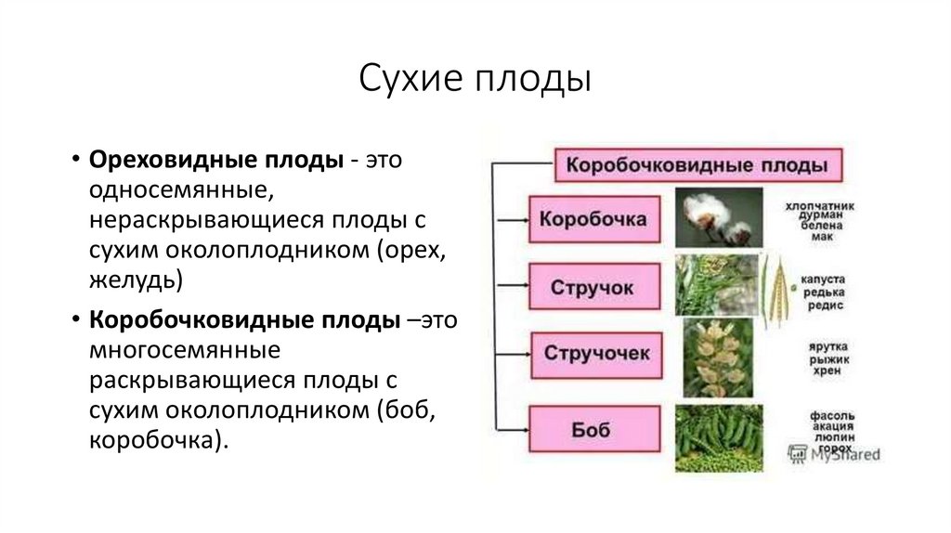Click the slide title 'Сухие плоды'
pos(475,80)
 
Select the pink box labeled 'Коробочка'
pos(594,220)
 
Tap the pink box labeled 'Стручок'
pos(594,287)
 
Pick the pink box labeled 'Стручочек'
pos(596,354)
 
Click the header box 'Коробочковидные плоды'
pos(697,165)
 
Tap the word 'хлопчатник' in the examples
pos(819,204)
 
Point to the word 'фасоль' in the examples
pos(820,415)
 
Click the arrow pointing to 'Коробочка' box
pos(512,220)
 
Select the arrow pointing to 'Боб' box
pos(512,429)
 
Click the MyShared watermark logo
pos(833,455)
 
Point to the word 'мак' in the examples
pos(821,238)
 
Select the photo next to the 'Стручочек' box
pos(718,357)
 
